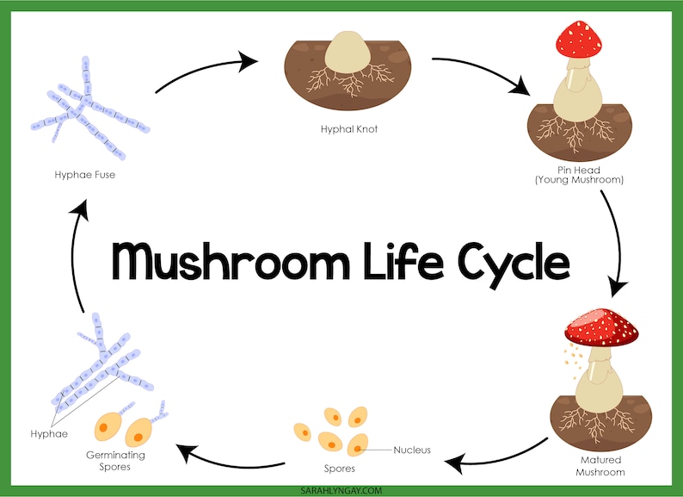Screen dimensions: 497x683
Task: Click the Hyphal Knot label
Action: pos(348,129)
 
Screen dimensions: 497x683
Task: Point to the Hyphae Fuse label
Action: pos(83,175)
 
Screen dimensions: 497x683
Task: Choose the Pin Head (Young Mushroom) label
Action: pos(578,176)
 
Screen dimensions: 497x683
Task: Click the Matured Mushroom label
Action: pos(600,467)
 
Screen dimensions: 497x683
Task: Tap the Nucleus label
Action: pos(412,450)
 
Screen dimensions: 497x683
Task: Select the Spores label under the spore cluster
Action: pos(339,469)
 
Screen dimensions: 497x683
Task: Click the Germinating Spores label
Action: pos(115,460)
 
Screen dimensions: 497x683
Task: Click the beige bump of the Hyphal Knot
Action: pos(348,51)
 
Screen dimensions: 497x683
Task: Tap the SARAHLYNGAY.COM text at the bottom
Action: pos(341,489)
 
